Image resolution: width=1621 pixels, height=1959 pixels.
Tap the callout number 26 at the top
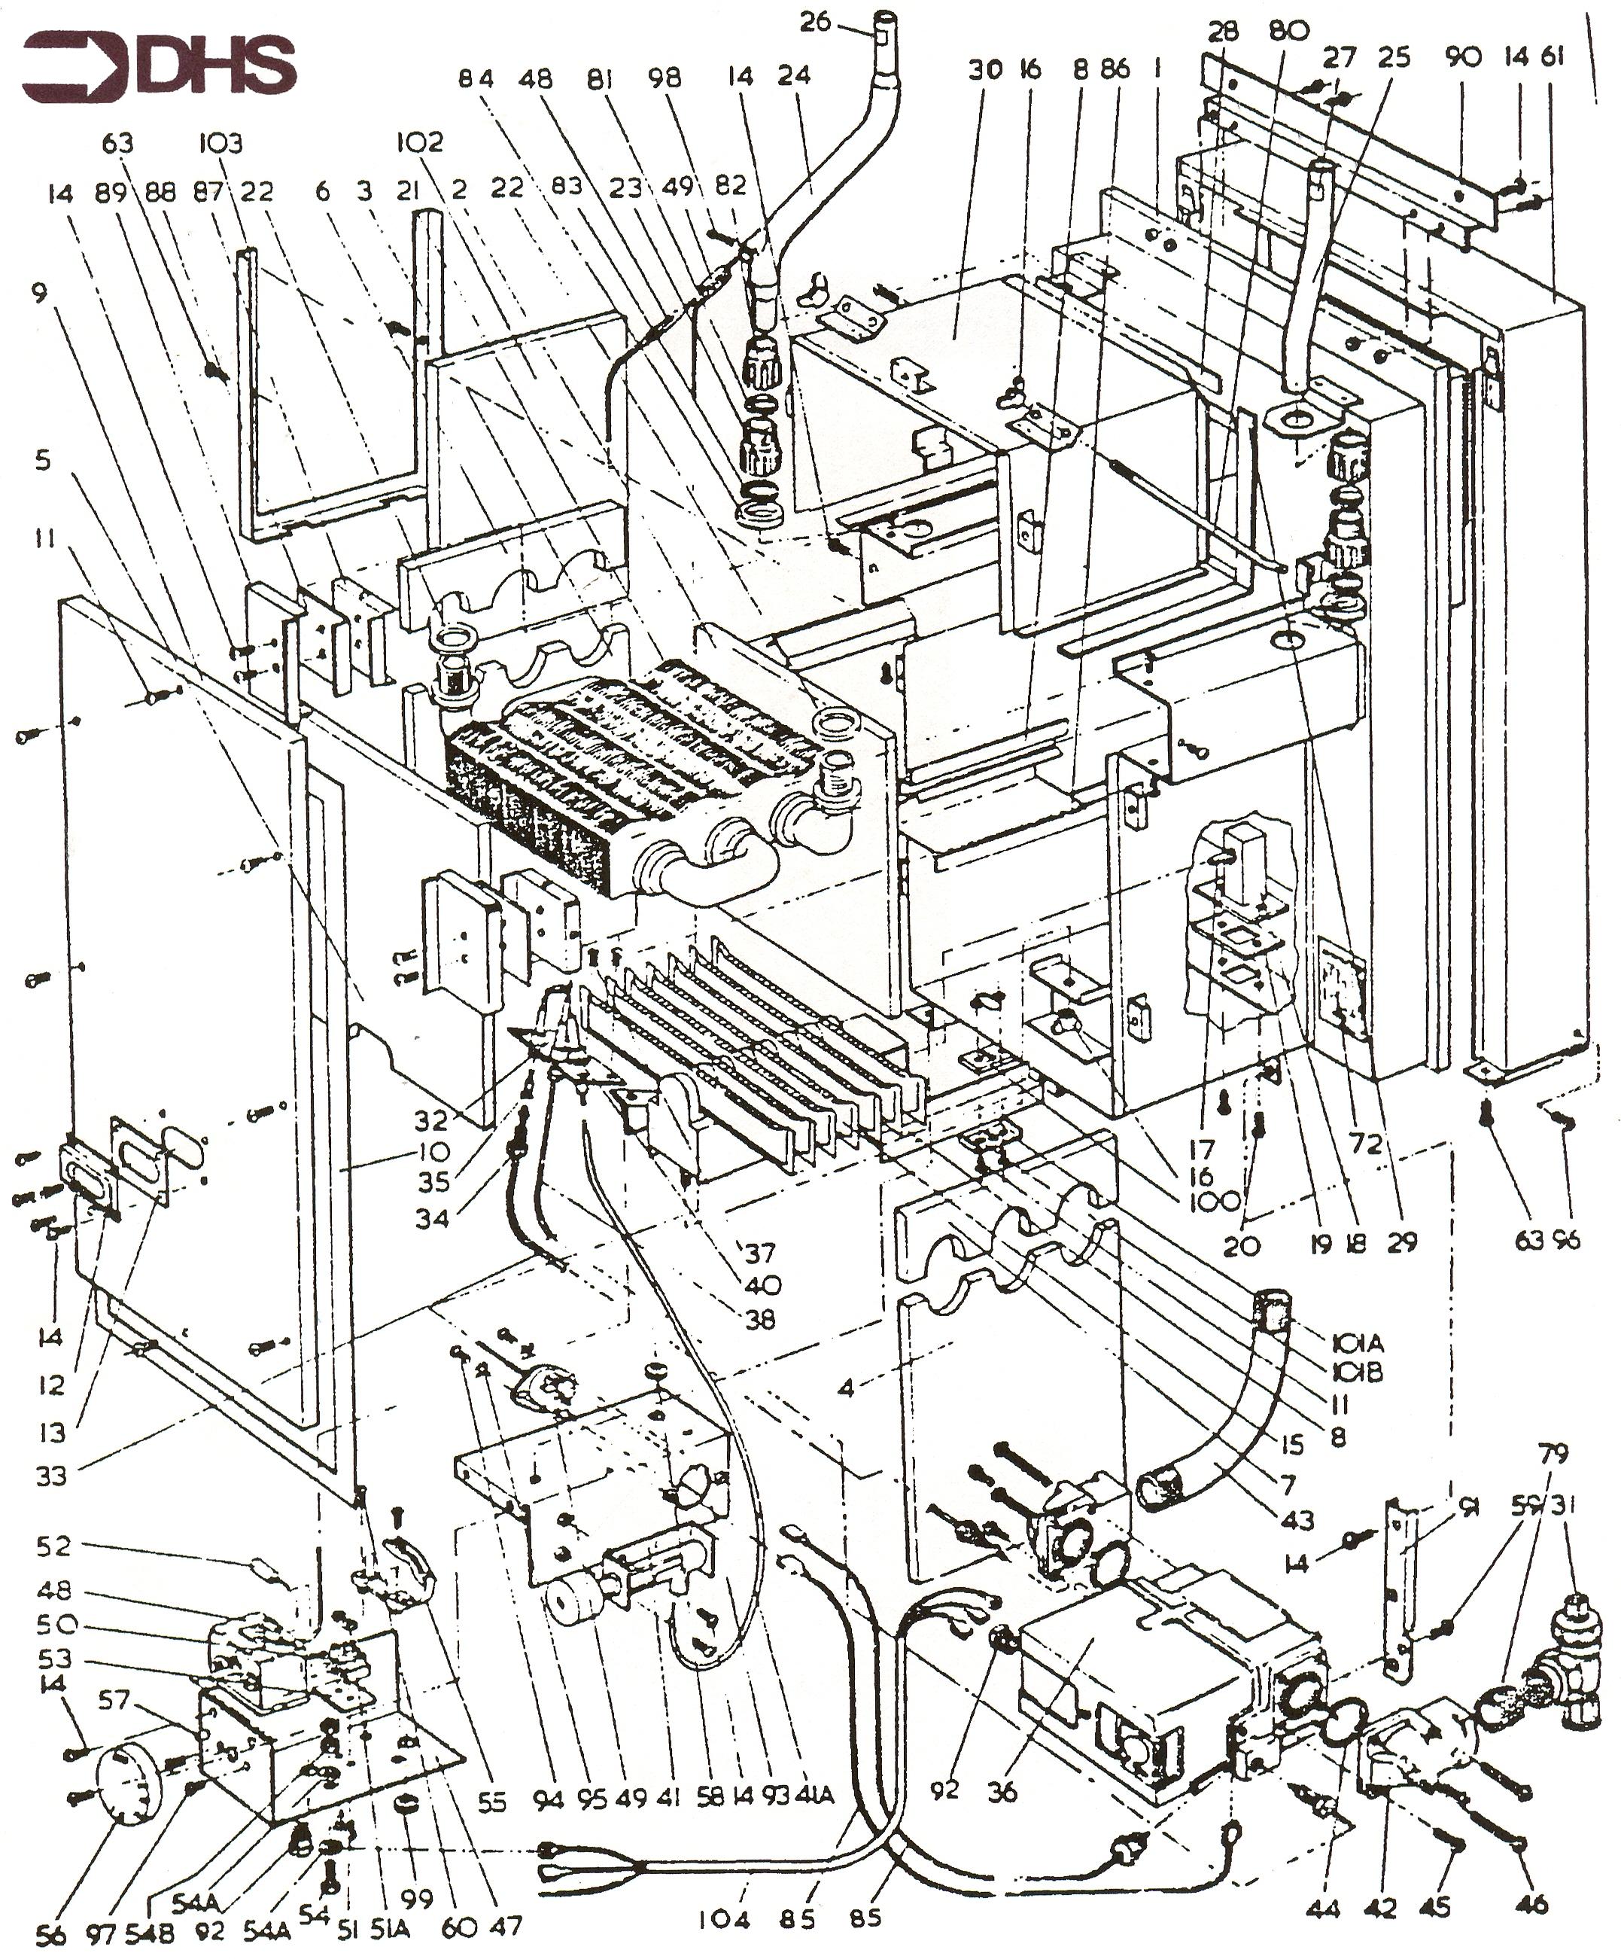[814, 20]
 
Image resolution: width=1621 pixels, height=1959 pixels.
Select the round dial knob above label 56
[129, 1777]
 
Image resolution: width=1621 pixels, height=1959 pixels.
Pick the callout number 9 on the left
[38, 294]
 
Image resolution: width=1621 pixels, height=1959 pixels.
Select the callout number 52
[54, 1545]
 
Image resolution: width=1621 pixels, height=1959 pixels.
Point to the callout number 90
[1462, 58]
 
